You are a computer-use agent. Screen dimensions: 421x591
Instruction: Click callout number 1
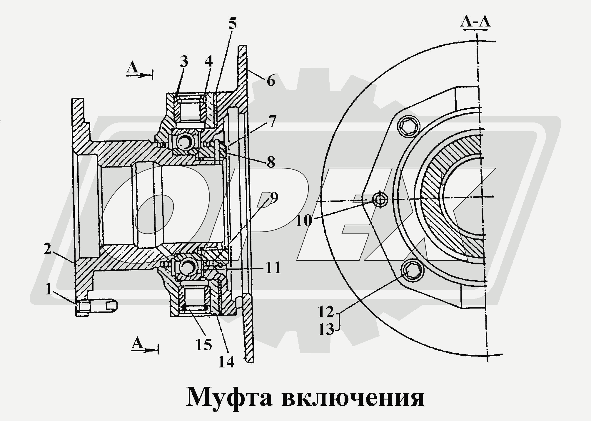click(x=49, y=289)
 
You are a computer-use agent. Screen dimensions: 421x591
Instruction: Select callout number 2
click(x=47, y=250)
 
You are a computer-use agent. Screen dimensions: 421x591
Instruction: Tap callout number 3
click(x=184, y=62)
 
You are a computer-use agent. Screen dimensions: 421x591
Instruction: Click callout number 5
click(x=232, y=24)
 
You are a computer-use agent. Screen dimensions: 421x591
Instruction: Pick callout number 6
click(x=271, y=80)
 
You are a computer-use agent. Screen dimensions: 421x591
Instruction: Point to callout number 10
click(x=303, y=221)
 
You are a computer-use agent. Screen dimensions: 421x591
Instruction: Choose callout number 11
click(x=273, y=268)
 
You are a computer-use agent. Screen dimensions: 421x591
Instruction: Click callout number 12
click(x=326, y=312)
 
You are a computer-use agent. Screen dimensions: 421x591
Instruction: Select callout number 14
click(x=226, y=362)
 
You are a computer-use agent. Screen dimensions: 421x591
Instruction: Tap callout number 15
click(x=204, y=344)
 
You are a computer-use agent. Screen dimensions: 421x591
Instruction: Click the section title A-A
click(x=475, y=21)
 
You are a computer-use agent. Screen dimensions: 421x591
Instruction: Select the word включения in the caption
click(x=353, y=398)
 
